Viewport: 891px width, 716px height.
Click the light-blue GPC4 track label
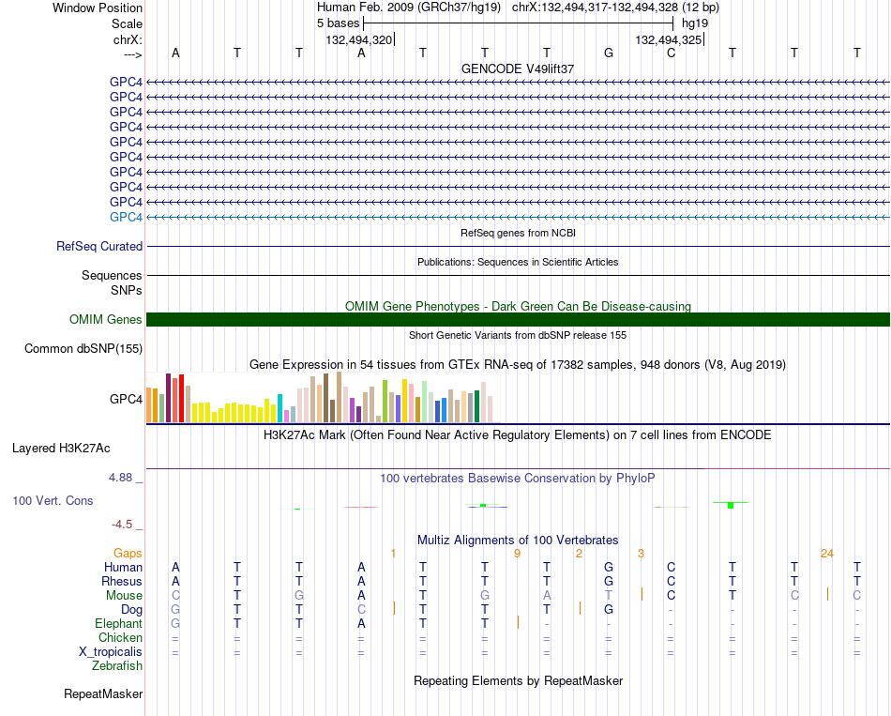126,218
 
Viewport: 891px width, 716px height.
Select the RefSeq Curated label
99,246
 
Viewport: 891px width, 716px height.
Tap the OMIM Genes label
106,320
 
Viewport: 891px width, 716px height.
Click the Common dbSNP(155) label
83,349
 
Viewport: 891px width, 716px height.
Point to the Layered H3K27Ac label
61,449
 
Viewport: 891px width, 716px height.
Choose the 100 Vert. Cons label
53,500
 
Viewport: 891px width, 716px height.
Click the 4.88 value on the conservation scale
120,478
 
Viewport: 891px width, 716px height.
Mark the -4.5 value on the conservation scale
122,525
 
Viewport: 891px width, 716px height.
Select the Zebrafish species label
117,666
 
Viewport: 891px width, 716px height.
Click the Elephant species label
119,624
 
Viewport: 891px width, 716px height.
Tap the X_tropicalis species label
111,652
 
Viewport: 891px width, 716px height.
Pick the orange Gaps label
128,554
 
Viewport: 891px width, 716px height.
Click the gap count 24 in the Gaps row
827,554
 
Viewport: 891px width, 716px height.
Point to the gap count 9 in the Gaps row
517,554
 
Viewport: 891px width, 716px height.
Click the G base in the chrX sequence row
609,53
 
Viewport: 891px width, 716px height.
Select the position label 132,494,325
668,39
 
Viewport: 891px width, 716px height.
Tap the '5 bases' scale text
338,23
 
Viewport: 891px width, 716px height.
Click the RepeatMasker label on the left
103,693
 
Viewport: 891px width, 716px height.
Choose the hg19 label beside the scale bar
695,23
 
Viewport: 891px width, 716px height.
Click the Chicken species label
120,638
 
